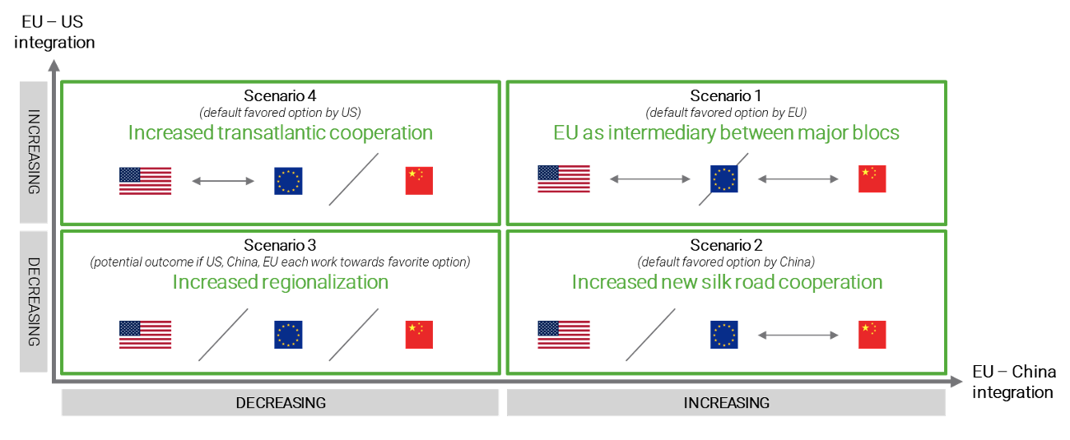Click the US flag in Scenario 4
click(x=145, y=181)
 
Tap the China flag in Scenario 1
click(x=872, y=179)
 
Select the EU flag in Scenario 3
click(x=288, y=335)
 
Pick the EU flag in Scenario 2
click(x=724, y=335)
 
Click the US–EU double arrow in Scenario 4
click(x=223, y=181)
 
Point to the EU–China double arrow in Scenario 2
click(x=798, y=335)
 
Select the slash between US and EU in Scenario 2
click(x=650, y=335)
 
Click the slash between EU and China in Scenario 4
click(x=353, y=179)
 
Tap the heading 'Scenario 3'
click(x=280, y=245)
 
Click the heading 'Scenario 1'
click(x=726, y=95)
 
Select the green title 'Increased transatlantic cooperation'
click(x=281, y=132)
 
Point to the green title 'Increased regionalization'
click(x=281, y=282)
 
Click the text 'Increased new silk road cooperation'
click(x=727, y=282)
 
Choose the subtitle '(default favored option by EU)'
click(x=726, y=113)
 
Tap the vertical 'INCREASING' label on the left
click(x=34, y=152)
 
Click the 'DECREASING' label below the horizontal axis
click(x=281, y=403)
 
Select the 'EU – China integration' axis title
click(x=1014, y=382)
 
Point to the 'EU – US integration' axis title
click(x=54, y=32)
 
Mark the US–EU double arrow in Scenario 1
click(x=650, y=179)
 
